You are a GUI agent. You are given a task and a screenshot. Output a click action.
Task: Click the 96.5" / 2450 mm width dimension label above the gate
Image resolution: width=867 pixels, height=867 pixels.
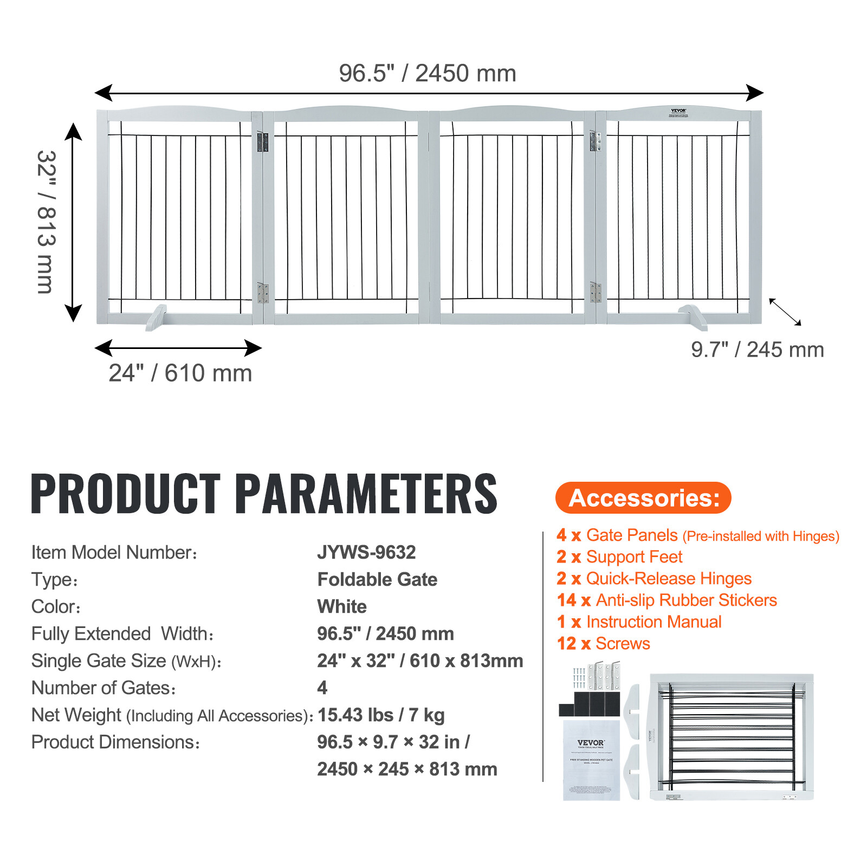[428, 74]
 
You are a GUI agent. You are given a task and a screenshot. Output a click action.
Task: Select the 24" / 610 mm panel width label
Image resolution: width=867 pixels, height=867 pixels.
[180, 373]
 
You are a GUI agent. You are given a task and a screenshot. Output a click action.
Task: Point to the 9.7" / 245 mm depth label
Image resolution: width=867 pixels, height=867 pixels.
[757, 350]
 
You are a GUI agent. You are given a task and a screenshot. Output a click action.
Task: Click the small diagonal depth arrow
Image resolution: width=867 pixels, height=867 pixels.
[785, 312]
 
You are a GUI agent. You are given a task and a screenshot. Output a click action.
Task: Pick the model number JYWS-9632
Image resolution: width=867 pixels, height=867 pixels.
[366, 552]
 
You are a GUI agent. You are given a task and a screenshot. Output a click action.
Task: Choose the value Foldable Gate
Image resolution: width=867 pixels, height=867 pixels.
[377, 579]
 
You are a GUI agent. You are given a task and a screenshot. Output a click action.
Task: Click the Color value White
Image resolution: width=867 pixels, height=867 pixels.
[342, 606]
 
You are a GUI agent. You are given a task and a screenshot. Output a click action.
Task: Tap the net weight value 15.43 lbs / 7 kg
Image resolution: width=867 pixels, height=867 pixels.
[381, 715]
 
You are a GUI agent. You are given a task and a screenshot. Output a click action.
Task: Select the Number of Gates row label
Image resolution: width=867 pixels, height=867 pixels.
[103, 688]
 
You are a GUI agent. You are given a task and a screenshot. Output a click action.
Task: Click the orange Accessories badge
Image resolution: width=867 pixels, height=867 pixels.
[643, 497]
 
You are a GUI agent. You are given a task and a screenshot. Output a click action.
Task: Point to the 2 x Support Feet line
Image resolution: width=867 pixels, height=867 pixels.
[619, 557]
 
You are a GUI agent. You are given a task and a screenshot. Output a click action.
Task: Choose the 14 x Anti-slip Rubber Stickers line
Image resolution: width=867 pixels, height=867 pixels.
[667, 600]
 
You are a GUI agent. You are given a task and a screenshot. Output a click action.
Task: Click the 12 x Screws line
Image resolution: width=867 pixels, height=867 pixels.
[603, 644]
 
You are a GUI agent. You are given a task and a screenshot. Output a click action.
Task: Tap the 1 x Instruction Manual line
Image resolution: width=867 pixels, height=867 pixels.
[639, 622]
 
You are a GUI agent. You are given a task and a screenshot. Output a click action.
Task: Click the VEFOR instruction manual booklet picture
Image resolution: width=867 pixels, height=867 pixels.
[591, 760]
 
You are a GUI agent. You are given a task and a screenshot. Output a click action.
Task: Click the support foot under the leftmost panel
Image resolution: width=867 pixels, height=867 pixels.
[156, 318]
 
